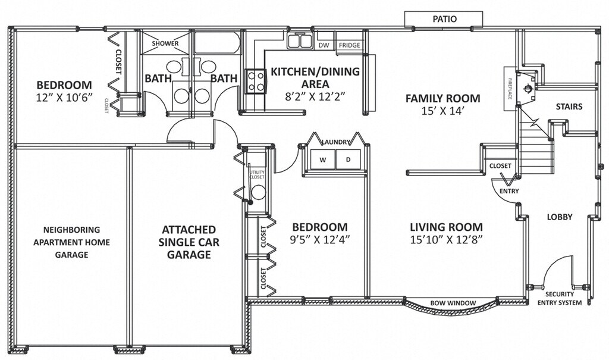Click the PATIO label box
point(444,19)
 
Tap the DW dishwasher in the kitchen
point(324,45)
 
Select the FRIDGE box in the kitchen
point(350,45)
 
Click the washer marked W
point(323,159)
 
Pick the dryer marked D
point(348,159)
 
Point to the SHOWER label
point(165,43)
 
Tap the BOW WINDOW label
point(453,303)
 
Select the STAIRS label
point(569,106)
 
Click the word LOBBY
point(560,217)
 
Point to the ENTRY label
point(509,191)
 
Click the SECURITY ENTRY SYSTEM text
point(560,299)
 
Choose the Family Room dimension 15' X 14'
point(443,111)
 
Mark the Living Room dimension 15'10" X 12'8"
point(446,239)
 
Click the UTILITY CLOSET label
point(257,174)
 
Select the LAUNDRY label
point(336,142)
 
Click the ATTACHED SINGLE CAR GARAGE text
point(189,242)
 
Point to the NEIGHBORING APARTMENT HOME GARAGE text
point(71,242)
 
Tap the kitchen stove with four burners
point(256,82)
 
